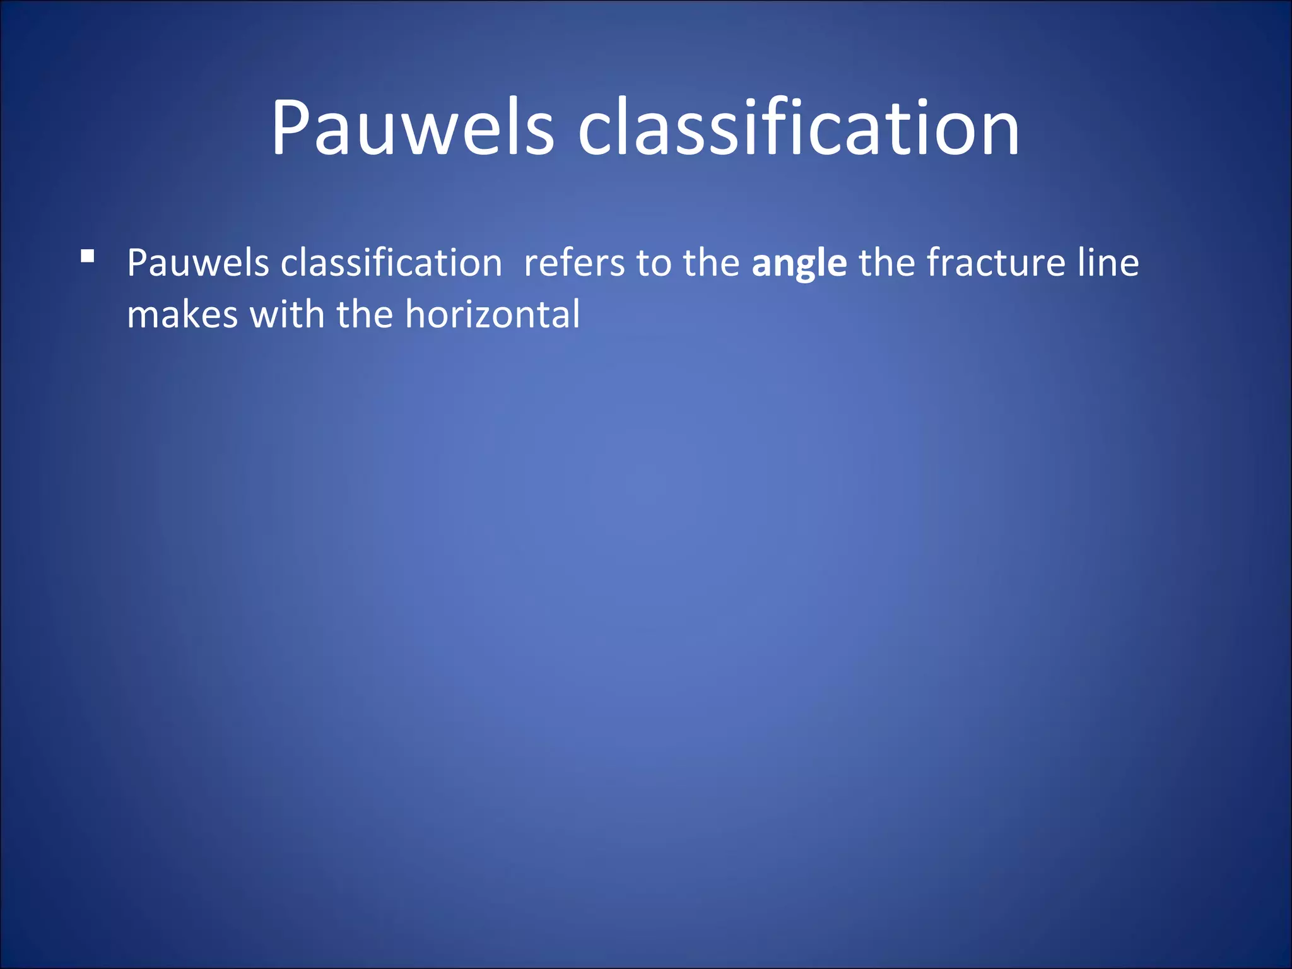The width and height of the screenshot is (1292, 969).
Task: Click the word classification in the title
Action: tap(798, 128)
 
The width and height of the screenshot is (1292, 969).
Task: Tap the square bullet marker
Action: tap(88, 256)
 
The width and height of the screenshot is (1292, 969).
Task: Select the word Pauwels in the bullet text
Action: tap(197, 263)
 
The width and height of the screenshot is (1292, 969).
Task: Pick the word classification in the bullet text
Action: tap(391, 263)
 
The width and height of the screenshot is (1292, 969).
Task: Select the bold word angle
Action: tap(799, 264)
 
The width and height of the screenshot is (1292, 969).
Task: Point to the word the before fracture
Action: tap(886, 263)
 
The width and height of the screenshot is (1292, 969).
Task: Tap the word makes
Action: tap(182, 315)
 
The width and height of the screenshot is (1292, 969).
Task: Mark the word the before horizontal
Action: tap(365, 315)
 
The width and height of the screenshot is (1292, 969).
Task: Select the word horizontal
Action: tap(492, 315)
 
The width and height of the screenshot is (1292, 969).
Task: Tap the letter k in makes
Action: tap(197, 315)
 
